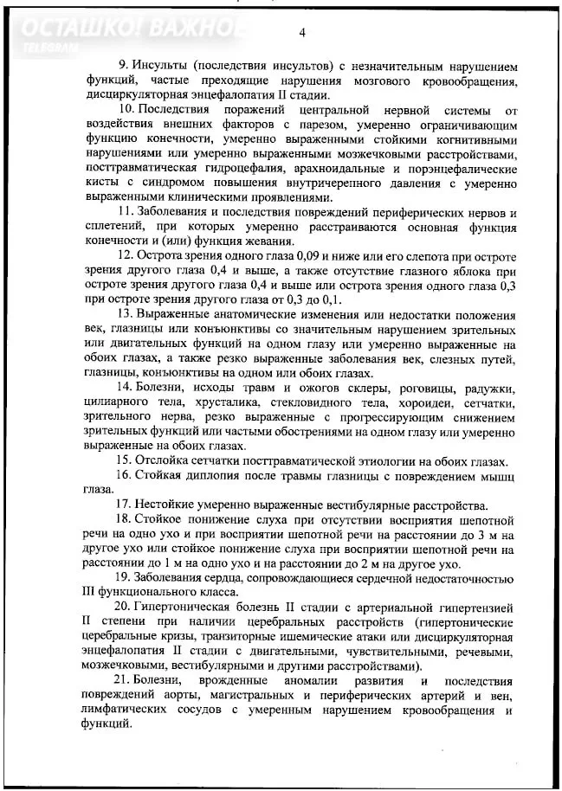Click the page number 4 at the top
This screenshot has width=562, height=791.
(x=302, y=33)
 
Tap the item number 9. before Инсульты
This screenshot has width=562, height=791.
(x=123, y=66)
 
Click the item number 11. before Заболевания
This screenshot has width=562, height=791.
(x=126, y=213)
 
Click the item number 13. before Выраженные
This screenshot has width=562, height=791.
(x=126, y=315)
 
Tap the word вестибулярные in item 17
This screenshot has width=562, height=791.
(x=339, y=505)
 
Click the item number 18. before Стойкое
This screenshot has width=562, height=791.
(x=126, y=520)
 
